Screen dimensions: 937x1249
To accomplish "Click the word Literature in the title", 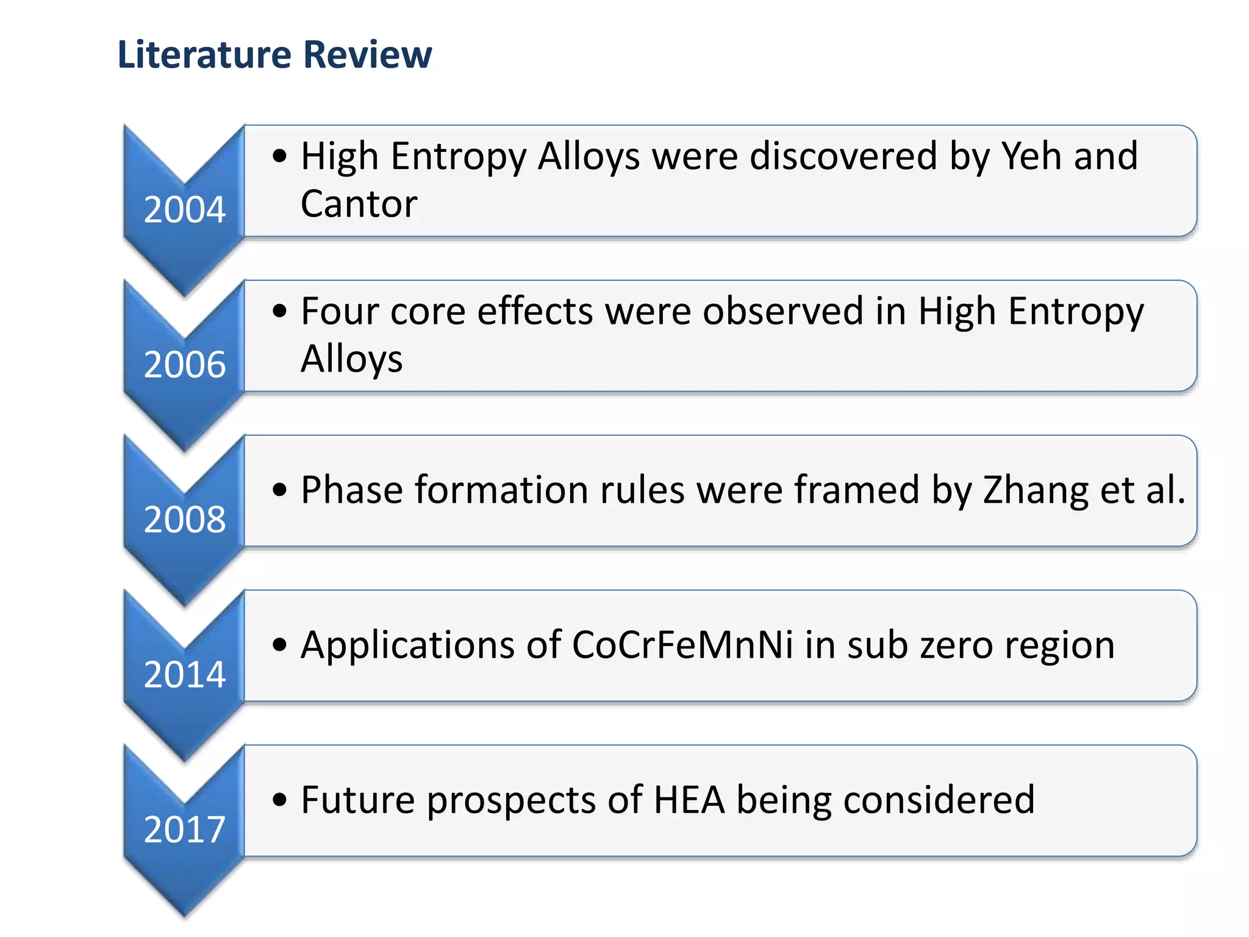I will tap(204, 54).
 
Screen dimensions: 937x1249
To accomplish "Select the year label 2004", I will tap(184, 209).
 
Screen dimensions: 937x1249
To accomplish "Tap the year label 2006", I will tap(184, 364).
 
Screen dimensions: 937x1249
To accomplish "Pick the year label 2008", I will tap(184, 519).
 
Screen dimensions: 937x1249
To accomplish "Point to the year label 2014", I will tap(184, 674).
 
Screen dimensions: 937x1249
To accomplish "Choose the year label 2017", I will tap(184, 829).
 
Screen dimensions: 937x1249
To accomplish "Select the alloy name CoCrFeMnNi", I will tap(682, 645).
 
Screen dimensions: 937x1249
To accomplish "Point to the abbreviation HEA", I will tap(689, 800).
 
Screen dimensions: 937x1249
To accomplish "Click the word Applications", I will tap(408, 645).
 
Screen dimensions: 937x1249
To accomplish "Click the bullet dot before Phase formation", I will tap(279, 489).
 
